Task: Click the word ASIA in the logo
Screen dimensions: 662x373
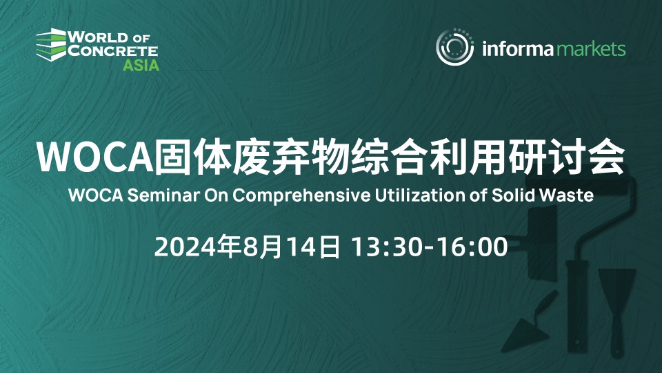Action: pos(141,65)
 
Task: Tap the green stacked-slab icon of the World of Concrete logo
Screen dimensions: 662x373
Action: pos(51,44)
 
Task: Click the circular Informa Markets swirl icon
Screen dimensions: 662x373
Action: pos(454,47)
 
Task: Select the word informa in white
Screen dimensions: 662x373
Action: pos(517,48)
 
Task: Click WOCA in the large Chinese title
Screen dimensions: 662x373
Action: pos(95,157)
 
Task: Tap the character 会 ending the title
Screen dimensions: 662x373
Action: pos(607,157)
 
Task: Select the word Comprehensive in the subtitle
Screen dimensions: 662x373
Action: pos(301,195)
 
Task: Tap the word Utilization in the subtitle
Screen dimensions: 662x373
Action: pos(420,195)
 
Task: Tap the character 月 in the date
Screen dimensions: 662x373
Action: pos(270,247)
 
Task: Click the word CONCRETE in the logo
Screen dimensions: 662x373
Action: pos(112,50)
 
